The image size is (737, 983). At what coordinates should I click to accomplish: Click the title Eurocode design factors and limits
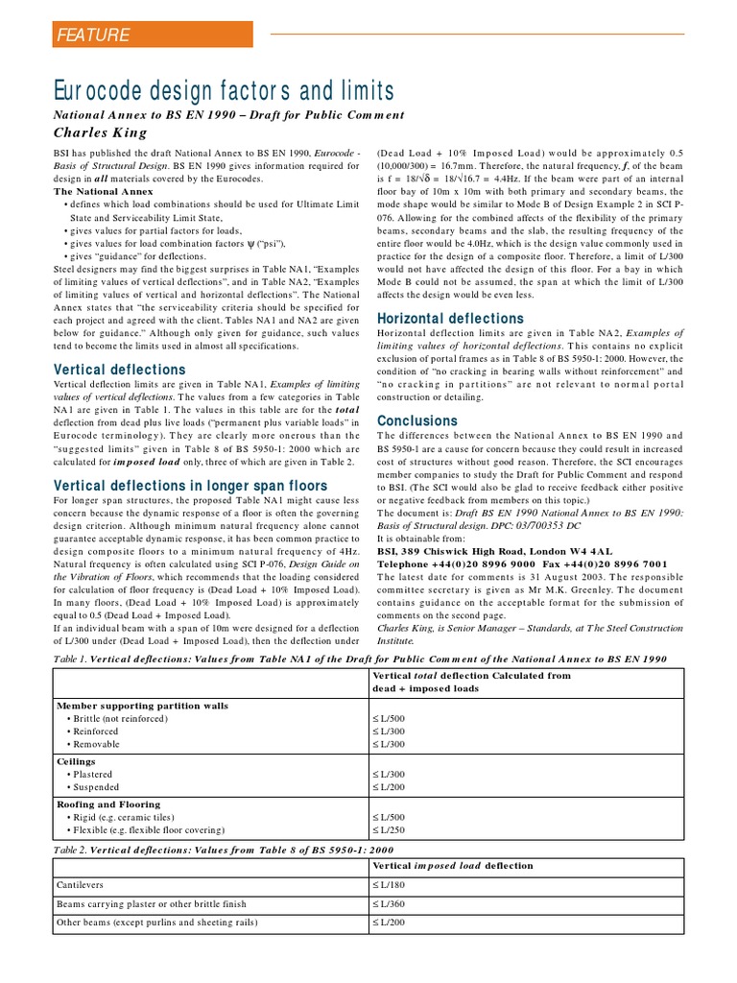tap(224, 91)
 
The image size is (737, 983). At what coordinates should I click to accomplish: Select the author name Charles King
tap(100, 132)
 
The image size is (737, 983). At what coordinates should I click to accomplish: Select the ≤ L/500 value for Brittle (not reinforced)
tap(389, 718)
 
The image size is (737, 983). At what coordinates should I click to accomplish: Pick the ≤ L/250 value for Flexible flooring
tap(389, 829)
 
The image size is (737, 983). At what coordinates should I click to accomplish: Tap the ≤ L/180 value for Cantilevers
tap(389, 884)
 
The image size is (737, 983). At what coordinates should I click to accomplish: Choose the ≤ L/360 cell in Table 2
tap(389, 903)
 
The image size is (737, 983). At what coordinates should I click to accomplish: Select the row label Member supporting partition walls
tap(142, 705)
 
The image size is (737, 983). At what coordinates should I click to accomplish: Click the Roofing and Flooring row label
tap(108, 803)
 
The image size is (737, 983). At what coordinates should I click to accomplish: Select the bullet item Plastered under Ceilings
tap(89, 774)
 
